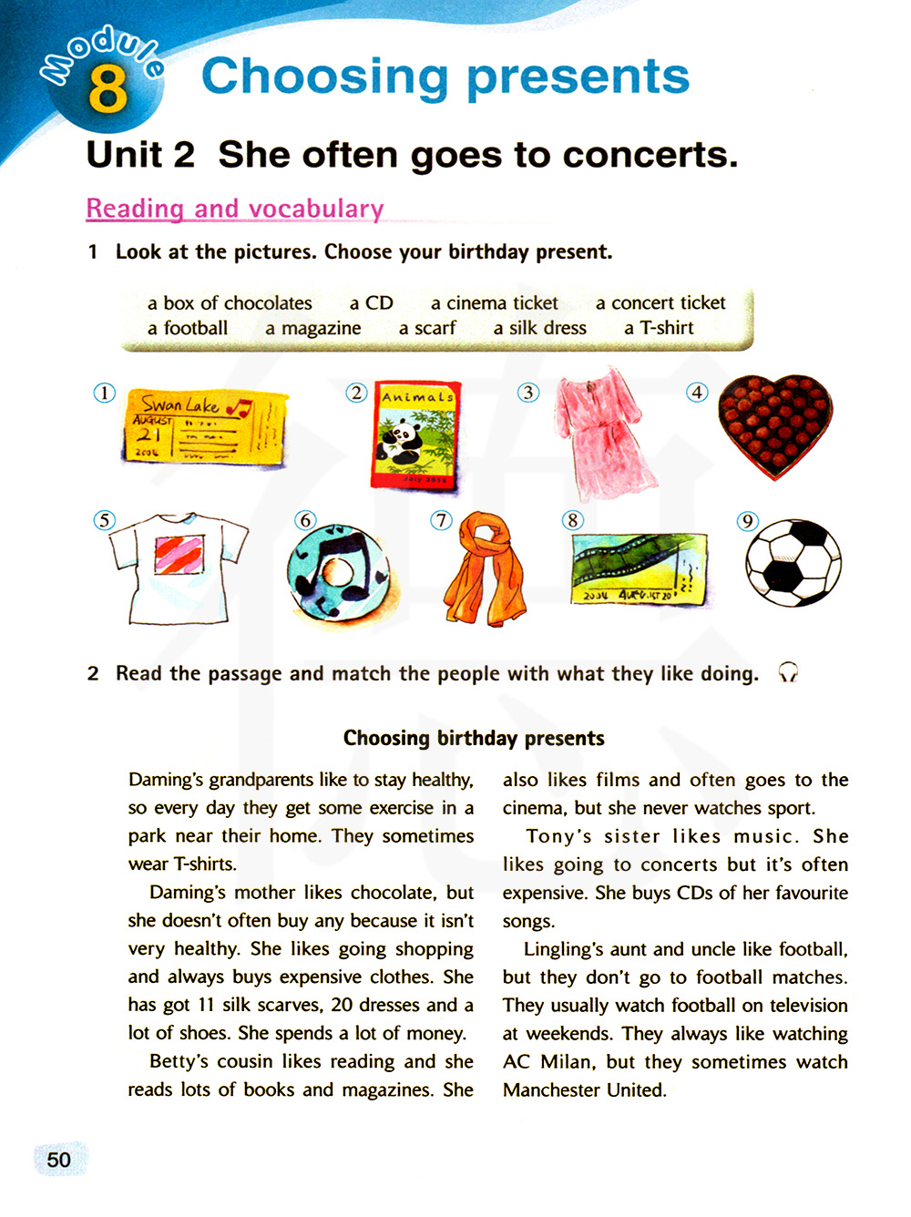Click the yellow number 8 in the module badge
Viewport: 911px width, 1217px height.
108,88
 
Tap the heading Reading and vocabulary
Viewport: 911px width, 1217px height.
235,209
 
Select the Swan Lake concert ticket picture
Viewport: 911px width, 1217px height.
204,429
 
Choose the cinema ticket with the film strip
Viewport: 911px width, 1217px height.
639,568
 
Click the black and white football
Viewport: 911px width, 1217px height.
793,562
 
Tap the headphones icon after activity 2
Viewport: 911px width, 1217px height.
788,673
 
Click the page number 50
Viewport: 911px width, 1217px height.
59,1160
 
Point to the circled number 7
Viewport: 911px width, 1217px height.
442,520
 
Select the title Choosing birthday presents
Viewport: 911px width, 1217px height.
474,738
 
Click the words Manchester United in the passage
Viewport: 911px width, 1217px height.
584,1090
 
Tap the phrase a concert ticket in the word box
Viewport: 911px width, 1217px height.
660,303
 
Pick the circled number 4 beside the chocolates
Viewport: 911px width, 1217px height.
697,393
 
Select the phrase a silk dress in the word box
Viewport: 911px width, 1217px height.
540,328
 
